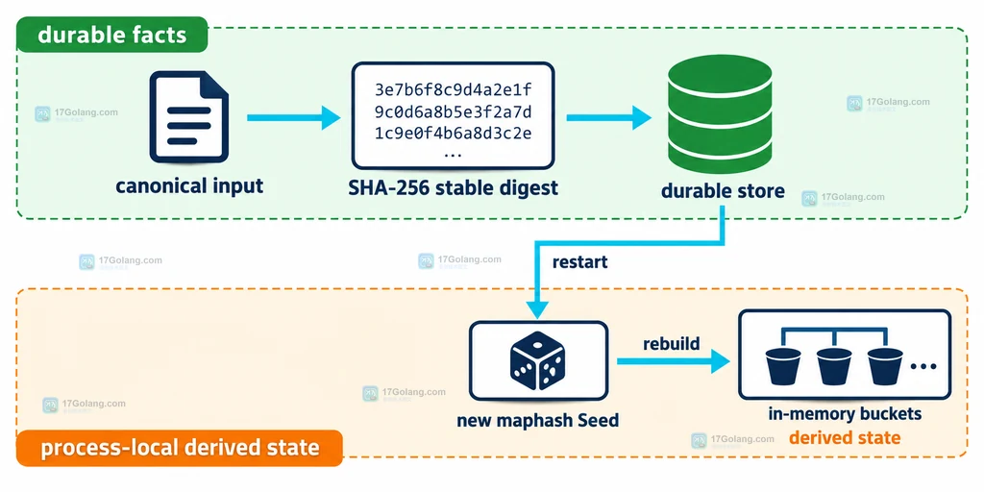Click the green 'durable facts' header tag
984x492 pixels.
pos(111,35)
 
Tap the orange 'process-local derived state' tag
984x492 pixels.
pos(180,448)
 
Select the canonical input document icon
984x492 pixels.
pos(188,116)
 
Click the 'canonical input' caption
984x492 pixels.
pos(189,186)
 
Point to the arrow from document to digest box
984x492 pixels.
pos(294,117)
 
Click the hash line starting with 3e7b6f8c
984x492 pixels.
pos(454,89)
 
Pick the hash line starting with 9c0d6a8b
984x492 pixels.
pos(454,111)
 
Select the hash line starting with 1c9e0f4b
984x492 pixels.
pos(454,134)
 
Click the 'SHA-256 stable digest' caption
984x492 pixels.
pos(454,187)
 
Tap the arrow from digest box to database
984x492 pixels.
pos(608,117)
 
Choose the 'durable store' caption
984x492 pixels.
pos(723,191)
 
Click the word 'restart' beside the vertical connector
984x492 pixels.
pos(579,261)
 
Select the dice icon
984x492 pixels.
pos(538,360)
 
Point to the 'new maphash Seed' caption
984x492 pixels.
pos(538,420)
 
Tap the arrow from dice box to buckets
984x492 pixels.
pos(674,361)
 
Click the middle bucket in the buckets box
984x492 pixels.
pos(833,366)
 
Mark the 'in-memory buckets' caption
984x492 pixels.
pos(845,414)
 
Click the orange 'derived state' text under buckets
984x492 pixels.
pos(845,437)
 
